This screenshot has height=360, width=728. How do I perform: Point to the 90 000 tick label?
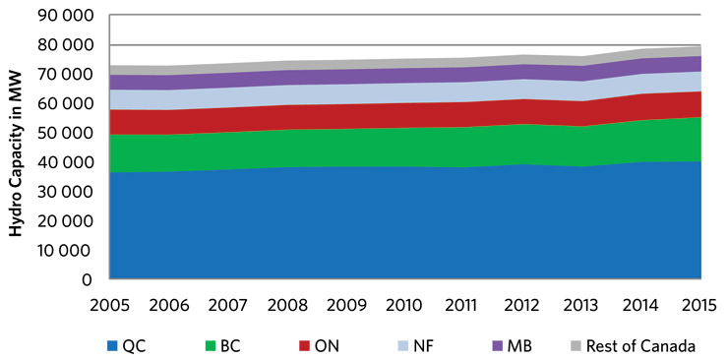coord(66,16)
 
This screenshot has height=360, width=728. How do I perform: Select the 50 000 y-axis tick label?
coord(66,133)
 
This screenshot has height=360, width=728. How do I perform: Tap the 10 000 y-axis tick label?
coord(66,250)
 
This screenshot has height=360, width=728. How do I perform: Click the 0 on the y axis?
coord(90,279)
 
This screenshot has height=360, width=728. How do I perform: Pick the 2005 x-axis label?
coord(109,303)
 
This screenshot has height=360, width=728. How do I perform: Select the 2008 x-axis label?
coord(286,303)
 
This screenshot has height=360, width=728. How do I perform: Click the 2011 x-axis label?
coord(464,303)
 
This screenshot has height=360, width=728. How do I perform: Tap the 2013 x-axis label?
coord(582,303)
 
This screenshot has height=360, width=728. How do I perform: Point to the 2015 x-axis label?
coord(700,303)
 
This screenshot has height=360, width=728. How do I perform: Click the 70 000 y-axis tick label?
coord(66,75)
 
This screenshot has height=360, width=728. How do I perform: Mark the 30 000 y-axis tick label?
coord(66,192)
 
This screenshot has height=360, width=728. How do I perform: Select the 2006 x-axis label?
coord(168,303)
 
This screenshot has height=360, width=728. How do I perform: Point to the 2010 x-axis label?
coord(405,303)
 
